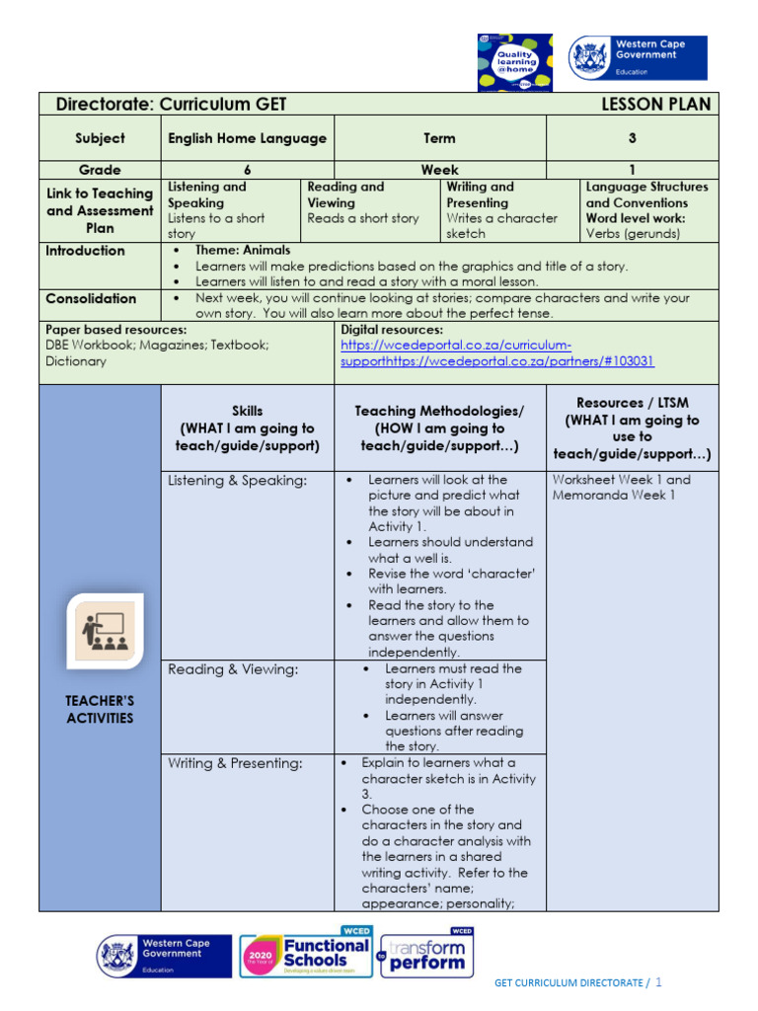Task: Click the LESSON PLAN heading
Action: pos(654,105)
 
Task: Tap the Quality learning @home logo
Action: pos(516,60)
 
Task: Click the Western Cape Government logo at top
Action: pos(638,57)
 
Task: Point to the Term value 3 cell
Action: pos(632,138)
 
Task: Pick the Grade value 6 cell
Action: pos(247,170)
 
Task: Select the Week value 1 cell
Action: pos(632,170)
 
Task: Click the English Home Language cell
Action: pos(247,138)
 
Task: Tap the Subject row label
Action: pos(100,138)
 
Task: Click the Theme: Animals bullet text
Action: pos(243,251)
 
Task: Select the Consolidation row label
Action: pos(91,298)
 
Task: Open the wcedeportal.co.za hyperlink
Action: pos(496,353)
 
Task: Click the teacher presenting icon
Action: pos(106,630)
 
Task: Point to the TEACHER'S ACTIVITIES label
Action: pos(100,709)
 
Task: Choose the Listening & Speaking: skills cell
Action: pos(237,481)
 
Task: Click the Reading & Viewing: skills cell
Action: pos(233,669)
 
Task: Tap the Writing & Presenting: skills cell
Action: pos(236,763)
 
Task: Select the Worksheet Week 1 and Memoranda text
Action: pos(622,488)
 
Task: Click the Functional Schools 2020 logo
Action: pos(306,956)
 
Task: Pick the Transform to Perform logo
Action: pos(426,955)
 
